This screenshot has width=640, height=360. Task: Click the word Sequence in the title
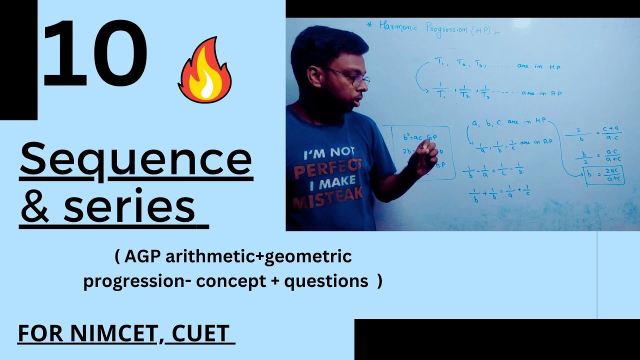coord(135,158)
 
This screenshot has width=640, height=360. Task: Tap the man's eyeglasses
coord(350,76)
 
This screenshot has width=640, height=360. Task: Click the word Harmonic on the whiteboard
coord(401,26)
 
